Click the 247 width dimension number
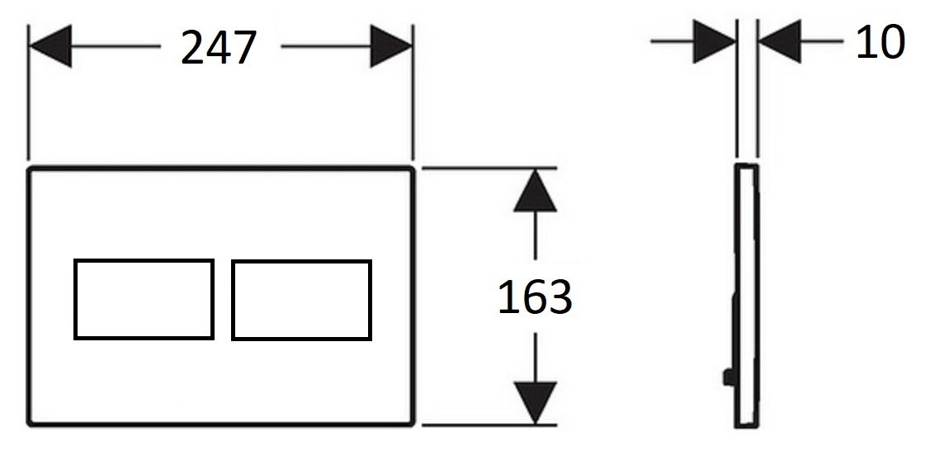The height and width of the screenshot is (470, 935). click(218, 48)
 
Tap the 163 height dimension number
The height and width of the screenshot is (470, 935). click(535, 297)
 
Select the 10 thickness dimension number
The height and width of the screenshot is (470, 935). click(881, 42)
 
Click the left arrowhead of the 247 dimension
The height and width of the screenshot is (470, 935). click(50, 46)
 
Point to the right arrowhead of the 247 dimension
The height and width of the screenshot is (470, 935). click(391, 46)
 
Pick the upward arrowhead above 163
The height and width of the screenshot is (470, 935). click(535, 191)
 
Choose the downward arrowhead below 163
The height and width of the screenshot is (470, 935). click(535, 403)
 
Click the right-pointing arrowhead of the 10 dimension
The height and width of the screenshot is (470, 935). click(715, 41)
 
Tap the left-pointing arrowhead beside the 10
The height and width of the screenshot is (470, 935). click(779, 41)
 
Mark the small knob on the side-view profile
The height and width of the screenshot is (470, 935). click(728, 377)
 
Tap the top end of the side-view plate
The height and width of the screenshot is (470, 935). click(747, 164)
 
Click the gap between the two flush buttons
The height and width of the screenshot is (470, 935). click(223, 300)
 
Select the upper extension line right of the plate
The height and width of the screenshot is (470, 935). click(489, 169)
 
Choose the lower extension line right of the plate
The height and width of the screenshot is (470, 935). click(489, 425)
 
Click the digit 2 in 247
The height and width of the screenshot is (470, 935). click(192, 48)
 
